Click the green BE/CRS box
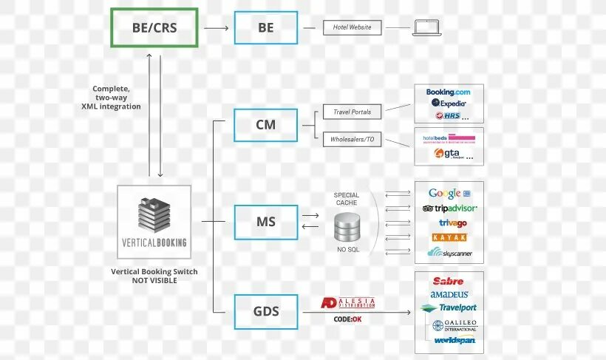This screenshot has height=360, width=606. (x=154, y=28)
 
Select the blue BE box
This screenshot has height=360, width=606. (x=265, y=28)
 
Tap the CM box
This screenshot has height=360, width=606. (x=265, y=125)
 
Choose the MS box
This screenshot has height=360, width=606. (x=265, y=222)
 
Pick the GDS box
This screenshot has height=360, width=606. (x=265, y=311)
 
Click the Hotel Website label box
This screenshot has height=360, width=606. (x=352, y=28)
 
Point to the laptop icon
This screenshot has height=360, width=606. (x=427, y=28)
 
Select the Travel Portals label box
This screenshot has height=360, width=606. (x=352, y=112)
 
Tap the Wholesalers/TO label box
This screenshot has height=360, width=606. (x=352, y=138)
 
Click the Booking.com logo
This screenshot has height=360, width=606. (x=449, y=92)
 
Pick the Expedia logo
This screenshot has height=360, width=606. (x=449, y=103)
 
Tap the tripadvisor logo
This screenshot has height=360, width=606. (x=450, y=208)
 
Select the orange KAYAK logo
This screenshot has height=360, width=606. (x=450, y=237)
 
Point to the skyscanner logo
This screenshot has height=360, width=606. (x=449, y=253)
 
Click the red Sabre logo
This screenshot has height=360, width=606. (x=449, y=282)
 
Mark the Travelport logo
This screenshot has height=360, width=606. (x=449, y=308)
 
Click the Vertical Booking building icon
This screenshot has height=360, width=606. (x=154, y=214)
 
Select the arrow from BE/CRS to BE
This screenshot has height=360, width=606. (x=216, y=28)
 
